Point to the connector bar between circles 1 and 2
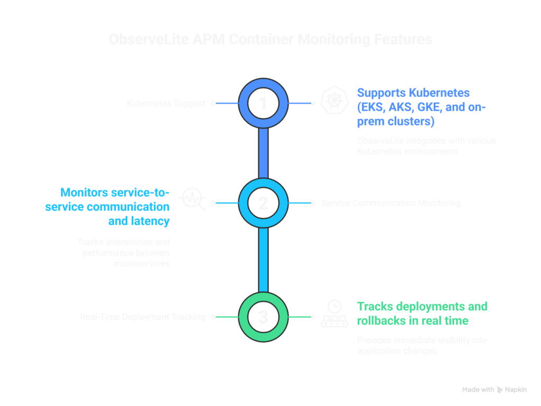click(263, 153)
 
